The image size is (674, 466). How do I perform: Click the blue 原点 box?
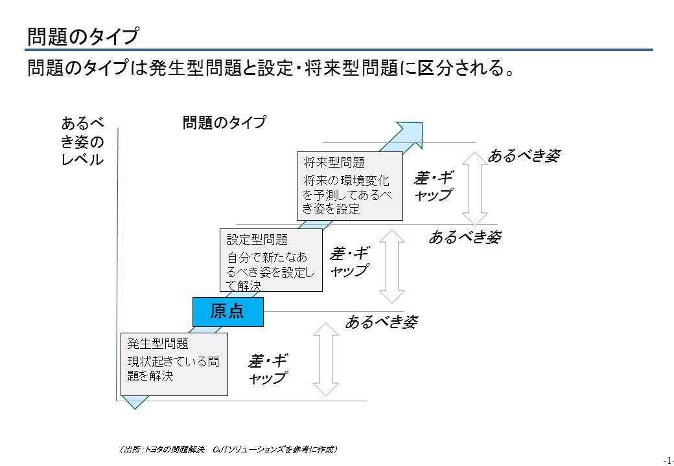(x=228, y=311)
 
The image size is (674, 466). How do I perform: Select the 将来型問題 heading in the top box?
(x=334, y=163)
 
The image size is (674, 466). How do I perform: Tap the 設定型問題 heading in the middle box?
(x=257, y=239)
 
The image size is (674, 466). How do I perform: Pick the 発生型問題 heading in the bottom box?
(x=157, y=344)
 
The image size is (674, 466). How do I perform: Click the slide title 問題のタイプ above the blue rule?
(x=83, y=36)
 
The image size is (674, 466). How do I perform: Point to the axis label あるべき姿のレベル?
(x=82, y=142)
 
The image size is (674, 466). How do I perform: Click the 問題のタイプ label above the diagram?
(x=224, y=123)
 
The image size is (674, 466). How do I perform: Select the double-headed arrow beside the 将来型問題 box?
(x=474, y=188)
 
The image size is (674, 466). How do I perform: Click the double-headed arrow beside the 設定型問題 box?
(x=392, y=267)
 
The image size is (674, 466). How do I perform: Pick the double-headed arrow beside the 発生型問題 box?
(x=326, y=359)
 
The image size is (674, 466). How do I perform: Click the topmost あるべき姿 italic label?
(x=524, y=156)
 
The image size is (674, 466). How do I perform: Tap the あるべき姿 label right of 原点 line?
(x=381, y=322)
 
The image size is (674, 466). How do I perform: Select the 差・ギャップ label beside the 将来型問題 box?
(x=434, y=186)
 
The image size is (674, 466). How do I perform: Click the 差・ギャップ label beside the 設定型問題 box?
(x=349, y=261)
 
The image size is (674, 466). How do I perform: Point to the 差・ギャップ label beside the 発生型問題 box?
(x=268, y=369)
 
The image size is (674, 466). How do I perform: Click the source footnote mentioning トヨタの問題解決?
(x=228, y=449)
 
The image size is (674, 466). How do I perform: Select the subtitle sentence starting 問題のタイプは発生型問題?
(x=271, y=68)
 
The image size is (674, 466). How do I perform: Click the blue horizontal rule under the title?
(x=340, y=50)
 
